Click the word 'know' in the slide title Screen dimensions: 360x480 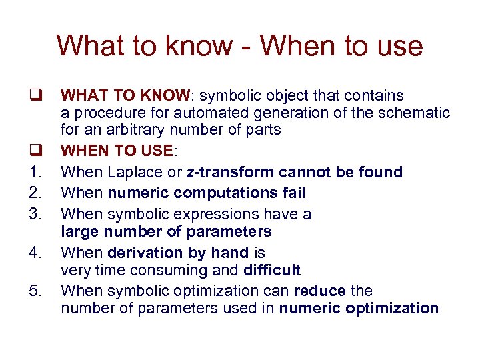click(203, 46)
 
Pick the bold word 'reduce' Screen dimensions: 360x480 click(321, 291)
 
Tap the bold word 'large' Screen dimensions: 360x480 click(79, 231)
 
